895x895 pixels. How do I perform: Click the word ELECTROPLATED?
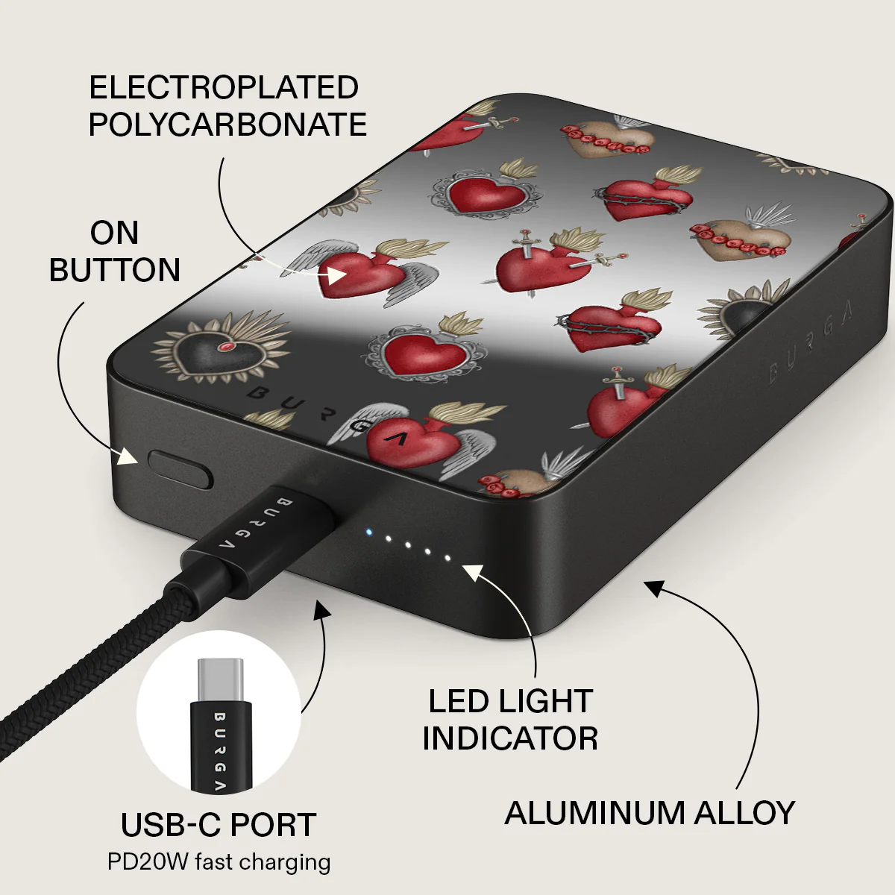(x=224, y=87)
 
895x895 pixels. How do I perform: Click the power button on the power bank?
(x=180, y=469)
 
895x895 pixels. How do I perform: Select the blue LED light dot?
(x=369, y=532)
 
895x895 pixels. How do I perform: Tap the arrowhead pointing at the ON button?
(x=128, y=456)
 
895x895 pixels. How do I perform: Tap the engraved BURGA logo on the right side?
(x=810, y=343)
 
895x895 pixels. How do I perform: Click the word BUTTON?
(x=115, y=270)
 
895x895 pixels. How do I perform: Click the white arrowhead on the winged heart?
(x=336, y=275)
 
